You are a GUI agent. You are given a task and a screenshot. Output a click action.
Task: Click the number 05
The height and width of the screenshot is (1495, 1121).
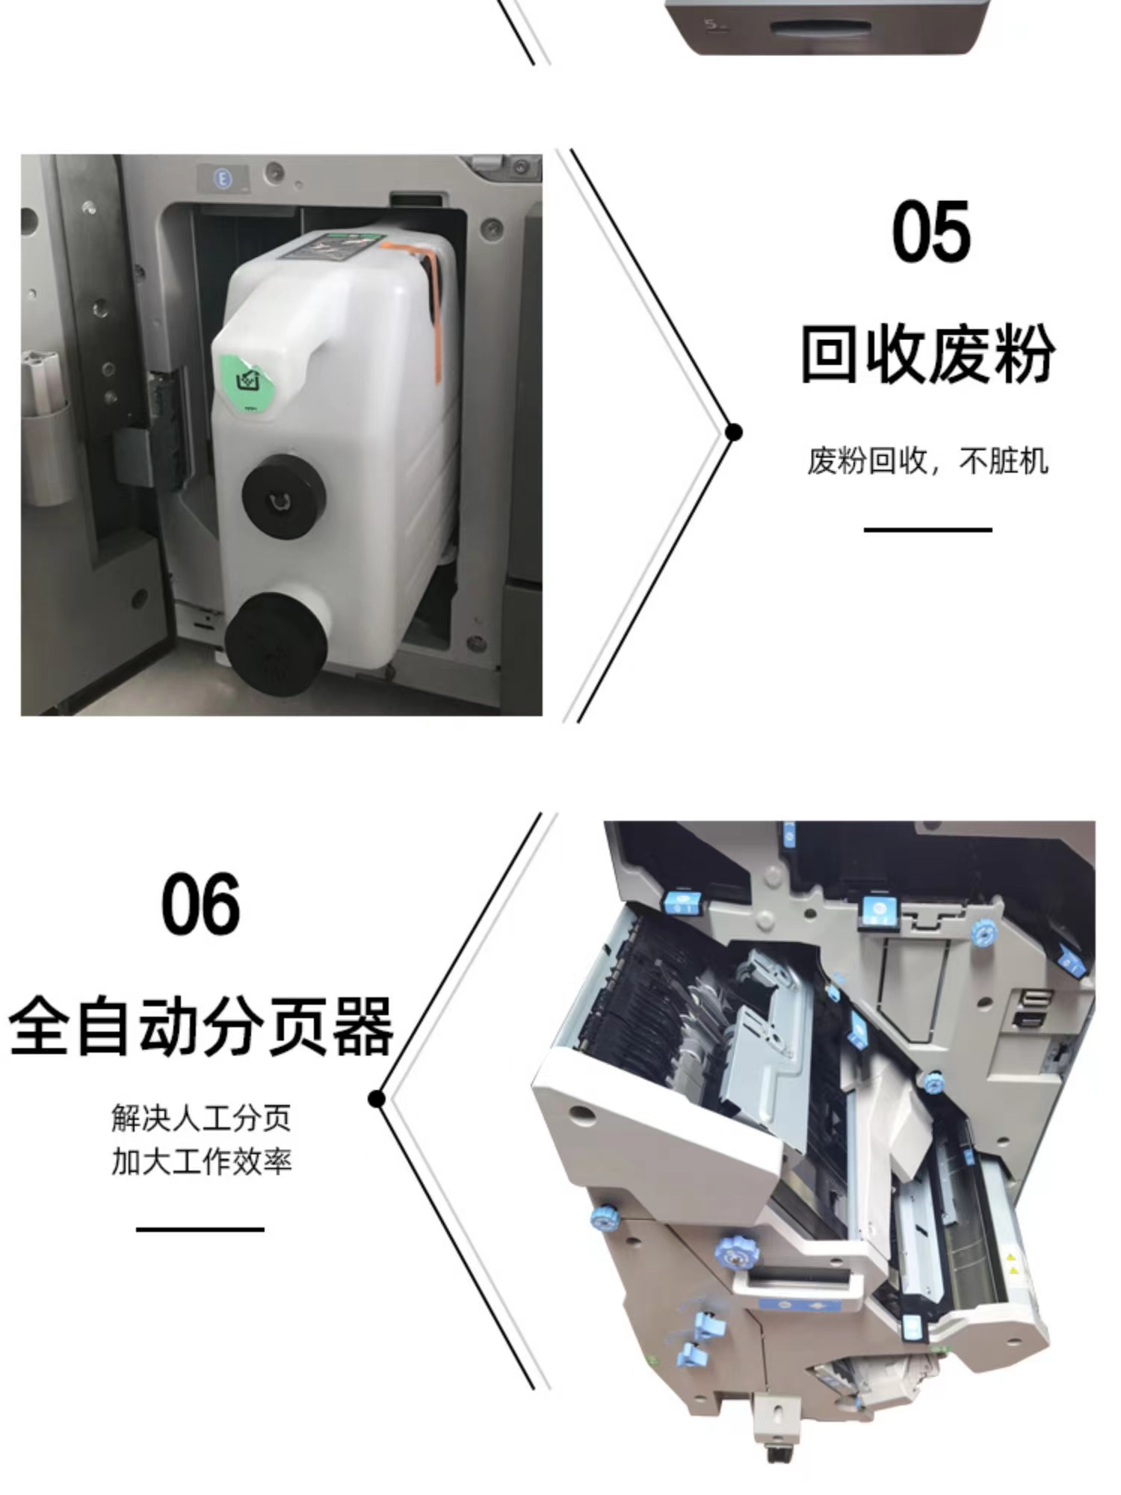pos(931,232)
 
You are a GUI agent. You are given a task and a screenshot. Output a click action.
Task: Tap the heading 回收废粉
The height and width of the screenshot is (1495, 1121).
pos(927,354)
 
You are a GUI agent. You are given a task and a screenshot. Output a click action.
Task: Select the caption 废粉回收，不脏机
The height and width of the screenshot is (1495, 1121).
pos(927,460)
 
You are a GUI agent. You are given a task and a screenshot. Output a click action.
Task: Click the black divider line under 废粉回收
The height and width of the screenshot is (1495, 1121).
pos(927,529)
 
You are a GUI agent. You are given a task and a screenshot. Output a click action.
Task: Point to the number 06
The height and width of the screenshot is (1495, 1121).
pos(200,904)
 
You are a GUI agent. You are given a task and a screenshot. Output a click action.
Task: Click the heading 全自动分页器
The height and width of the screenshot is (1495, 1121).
pos(200,1026)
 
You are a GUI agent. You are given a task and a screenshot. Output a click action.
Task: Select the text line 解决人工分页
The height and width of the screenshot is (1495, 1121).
pos(201,1118)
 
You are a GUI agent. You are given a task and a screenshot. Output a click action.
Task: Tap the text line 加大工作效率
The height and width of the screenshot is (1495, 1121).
pos(201,1162)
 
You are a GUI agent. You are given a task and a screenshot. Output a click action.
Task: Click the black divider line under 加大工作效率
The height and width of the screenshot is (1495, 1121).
pos(200,1229)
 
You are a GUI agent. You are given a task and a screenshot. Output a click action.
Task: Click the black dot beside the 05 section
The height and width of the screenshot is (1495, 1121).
pos(734,432)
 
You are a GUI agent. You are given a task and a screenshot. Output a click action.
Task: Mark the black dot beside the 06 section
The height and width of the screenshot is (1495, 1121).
pos(377,1099)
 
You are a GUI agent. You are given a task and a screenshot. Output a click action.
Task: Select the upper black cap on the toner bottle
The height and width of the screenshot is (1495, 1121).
pos(283,496)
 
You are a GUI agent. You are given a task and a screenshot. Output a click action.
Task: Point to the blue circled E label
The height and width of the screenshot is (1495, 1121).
pos(222,178)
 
